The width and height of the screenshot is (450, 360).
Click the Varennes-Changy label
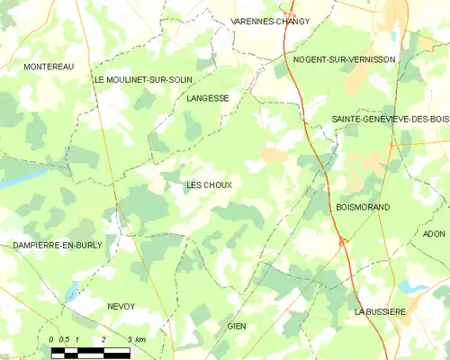click(270, 21)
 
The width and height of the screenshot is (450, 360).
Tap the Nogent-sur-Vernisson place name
click(345, 59)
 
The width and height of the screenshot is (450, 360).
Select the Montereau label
click(49, 67)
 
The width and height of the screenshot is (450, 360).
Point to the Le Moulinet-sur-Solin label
click(143, 79)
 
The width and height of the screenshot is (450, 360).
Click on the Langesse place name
click(208, 97)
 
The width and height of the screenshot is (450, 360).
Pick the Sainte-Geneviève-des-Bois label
click(390, 119)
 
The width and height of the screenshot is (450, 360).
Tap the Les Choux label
click(209, 185)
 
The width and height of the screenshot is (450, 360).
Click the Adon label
click(434, 233)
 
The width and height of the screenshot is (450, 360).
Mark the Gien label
click(237, 326)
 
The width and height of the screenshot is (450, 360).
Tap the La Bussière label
click(380, 311)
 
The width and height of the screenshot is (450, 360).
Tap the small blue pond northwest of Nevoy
click(70, 293)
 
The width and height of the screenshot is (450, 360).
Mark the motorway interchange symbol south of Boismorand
click(342, 241)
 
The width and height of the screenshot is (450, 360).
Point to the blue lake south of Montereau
click(11, 181)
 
